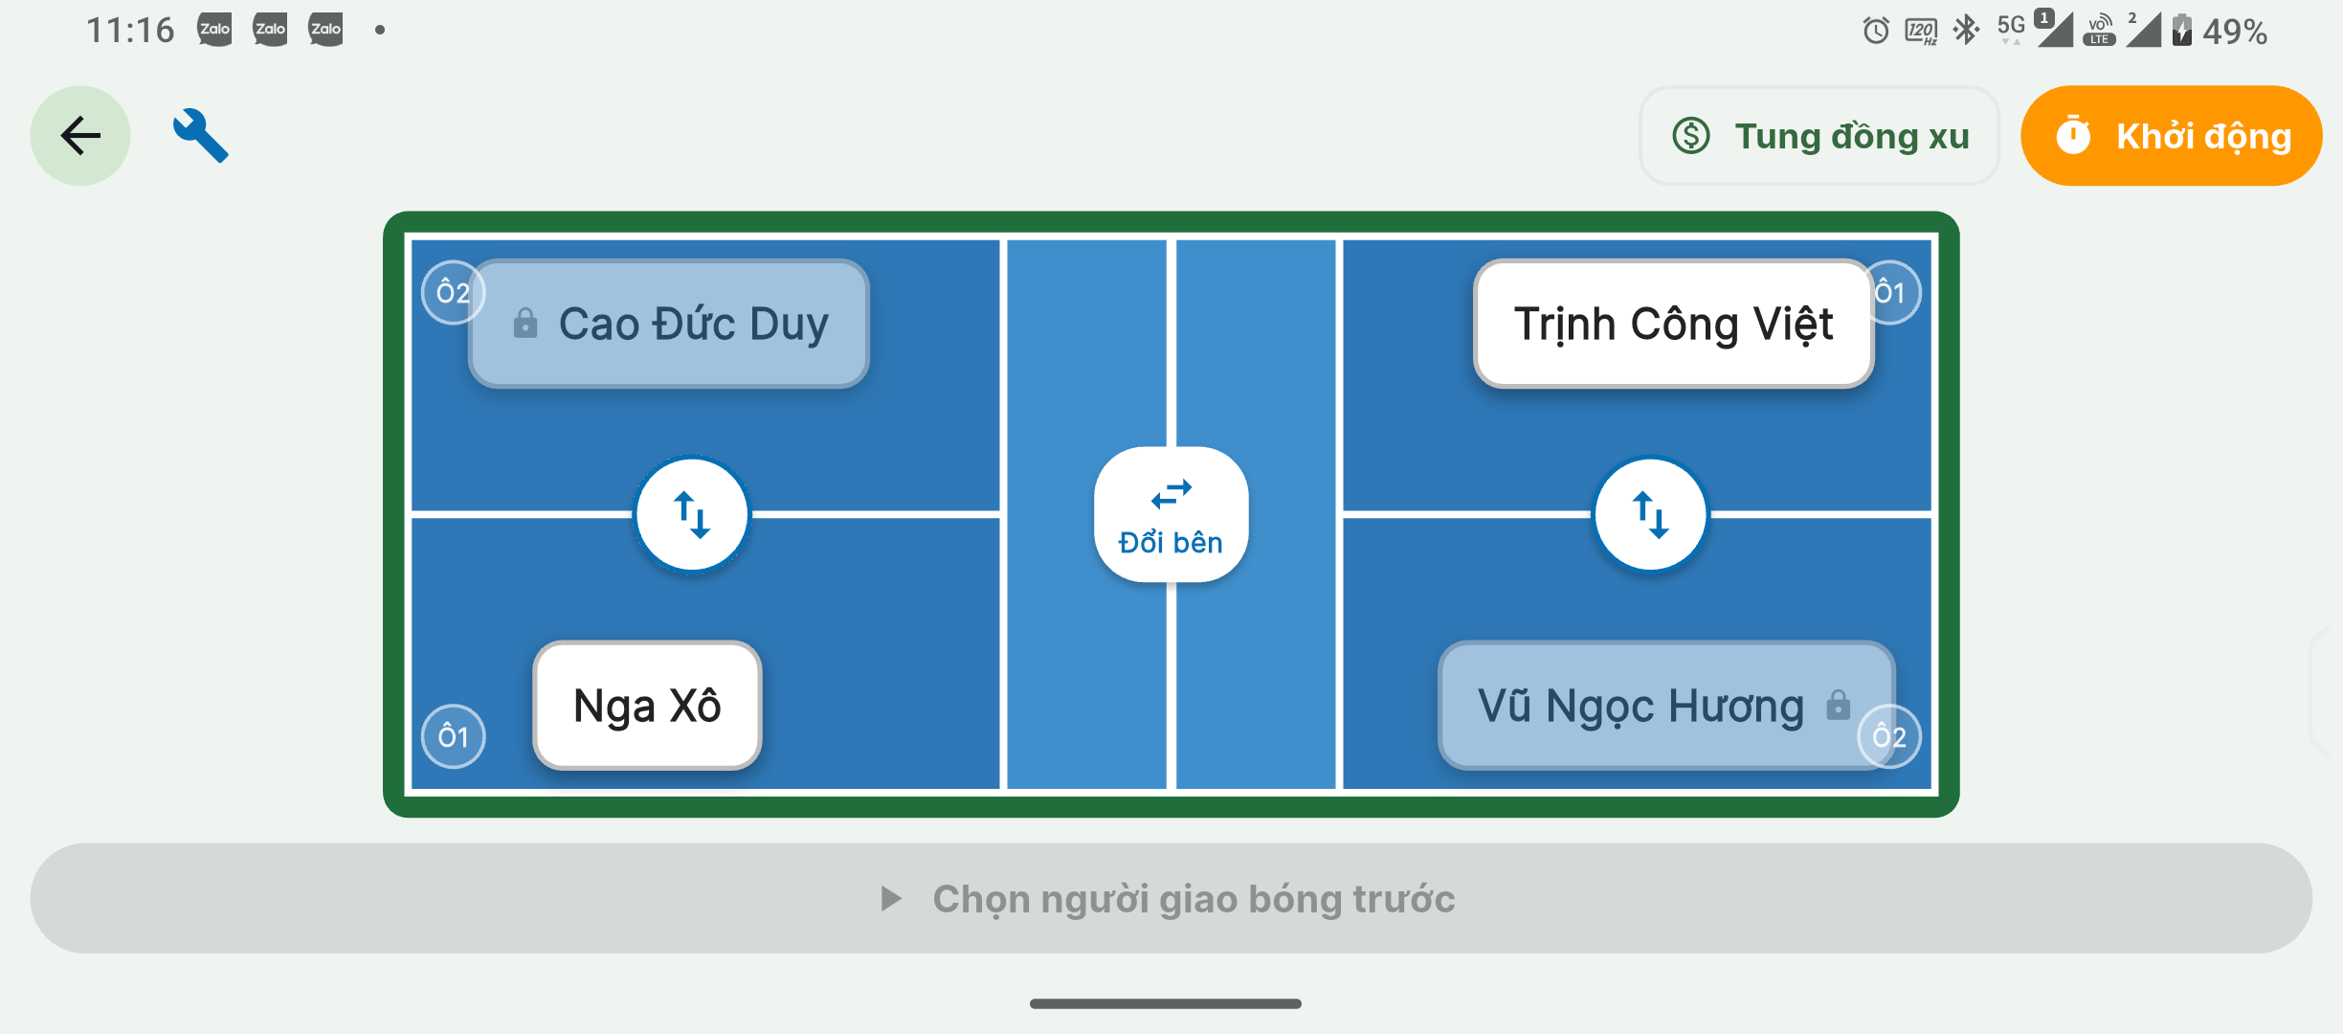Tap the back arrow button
[x=80, y=135]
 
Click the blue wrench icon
[x=200, y=135]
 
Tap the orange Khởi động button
[x=2171, y=135]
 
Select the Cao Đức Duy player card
[x=669, y=324]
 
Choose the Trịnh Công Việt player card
[x=1673, y=324]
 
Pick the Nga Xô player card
[x=647, y=706]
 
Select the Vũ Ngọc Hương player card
[x=1666, y=706]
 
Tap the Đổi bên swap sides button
[x=1171, y=514]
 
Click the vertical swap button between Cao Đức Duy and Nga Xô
[x=692, y=514]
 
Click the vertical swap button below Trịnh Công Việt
[x=1650, y=514]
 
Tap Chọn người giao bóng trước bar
[x=1171, y=898]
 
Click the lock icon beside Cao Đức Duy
[x=525, y=323]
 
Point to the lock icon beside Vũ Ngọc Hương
[x=1838, y=705]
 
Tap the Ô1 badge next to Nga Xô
[x=454, y=736]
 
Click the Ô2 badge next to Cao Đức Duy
[x=454, y=292]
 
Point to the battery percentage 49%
[x=2235, y=32]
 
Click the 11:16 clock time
[x=130, y=31]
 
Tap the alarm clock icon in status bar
[x=1876, y=31]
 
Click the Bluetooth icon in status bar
[x=1966, y=30]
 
